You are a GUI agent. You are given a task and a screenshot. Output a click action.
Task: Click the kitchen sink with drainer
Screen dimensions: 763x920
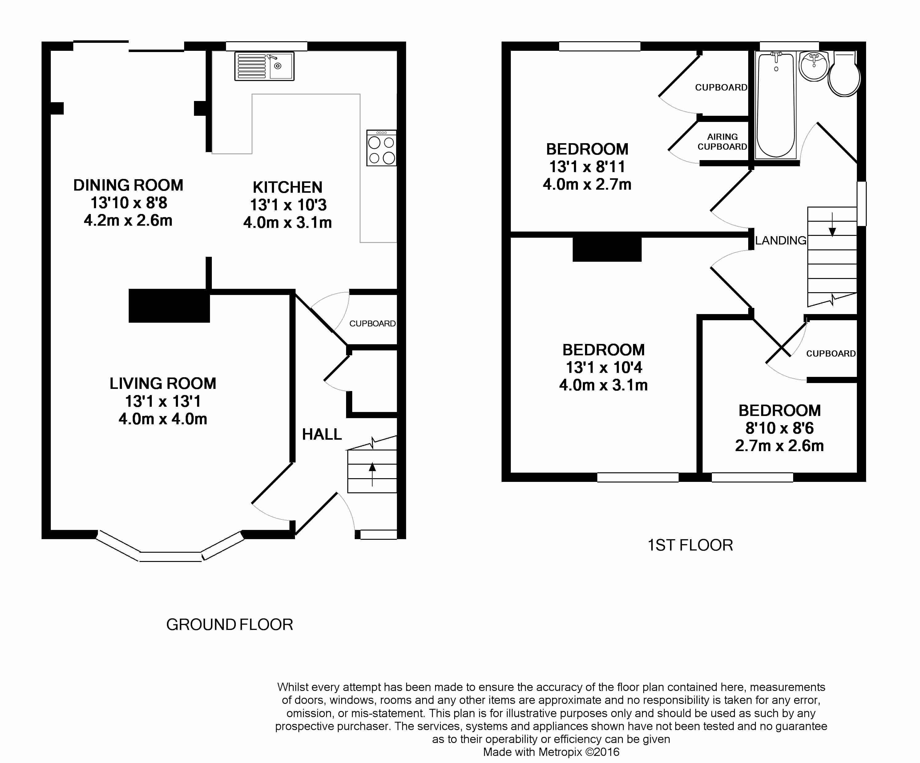(x=264, y=66)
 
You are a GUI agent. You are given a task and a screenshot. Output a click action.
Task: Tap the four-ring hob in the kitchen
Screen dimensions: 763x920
(x=381, y=148)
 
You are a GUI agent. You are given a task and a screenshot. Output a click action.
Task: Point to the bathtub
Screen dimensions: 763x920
(x=776, y=105)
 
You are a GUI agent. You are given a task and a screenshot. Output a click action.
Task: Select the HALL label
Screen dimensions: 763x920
(x=321, y=434)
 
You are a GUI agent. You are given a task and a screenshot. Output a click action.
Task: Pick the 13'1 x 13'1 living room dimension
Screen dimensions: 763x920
(x=163, y=401)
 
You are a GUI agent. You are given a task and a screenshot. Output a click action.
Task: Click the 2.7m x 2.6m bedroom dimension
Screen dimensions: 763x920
(x=779, y=446)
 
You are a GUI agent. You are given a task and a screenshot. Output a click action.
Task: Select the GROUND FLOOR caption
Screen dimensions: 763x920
(x=230, y=624)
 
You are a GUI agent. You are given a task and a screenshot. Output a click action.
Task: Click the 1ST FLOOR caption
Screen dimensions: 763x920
(x=690, y=545)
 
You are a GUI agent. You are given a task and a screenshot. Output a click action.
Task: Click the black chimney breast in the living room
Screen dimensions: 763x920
(x=169, y=306)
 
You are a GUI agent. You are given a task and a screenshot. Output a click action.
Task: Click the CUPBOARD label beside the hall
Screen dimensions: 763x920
(x=372, y=324)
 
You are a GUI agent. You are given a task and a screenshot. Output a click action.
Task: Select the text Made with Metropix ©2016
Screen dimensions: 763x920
(x=551, y=752)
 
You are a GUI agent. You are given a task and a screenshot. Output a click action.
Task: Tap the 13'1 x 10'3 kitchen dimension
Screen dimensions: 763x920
(x=288, y=205)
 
